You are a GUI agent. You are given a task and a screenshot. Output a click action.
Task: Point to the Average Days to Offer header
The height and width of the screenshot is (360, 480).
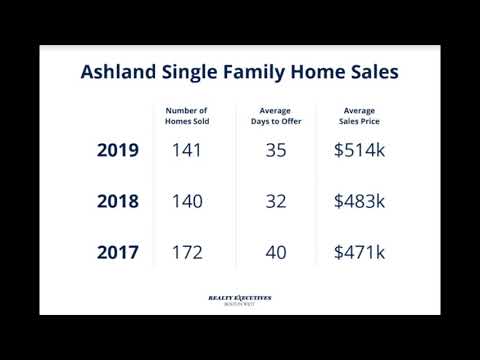pyautogui.click(x=276, y=116)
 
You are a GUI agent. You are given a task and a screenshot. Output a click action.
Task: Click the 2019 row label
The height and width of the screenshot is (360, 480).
pyautogui.click(x=118, y=151)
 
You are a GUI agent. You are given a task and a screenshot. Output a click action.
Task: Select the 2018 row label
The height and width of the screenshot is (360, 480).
pyautogui.click(x=118, y=201)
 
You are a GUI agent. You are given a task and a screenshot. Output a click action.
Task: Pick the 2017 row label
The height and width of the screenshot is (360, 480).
pyautogui.click(x=118, y=252)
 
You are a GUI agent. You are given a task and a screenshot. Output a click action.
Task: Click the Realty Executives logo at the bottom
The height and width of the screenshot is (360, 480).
pyautogui.click(x=239, y=299)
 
